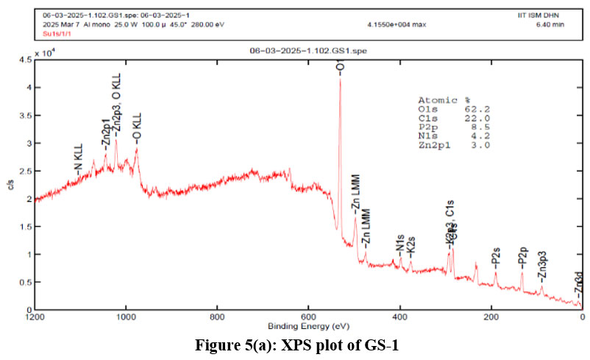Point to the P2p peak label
pyautogui.click(x=523, y=258)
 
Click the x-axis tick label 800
pyautogui.click(x=216, y=318)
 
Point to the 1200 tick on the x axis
pyautogui.click(x=34, y=318)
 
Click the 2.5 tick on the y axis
pyautogui.click(x=24, y=171)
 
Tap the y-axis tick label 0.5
pyautogui.click(x=24, y=282)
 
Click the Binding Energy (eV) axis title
pyautogui.click(x=308, y=326)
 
